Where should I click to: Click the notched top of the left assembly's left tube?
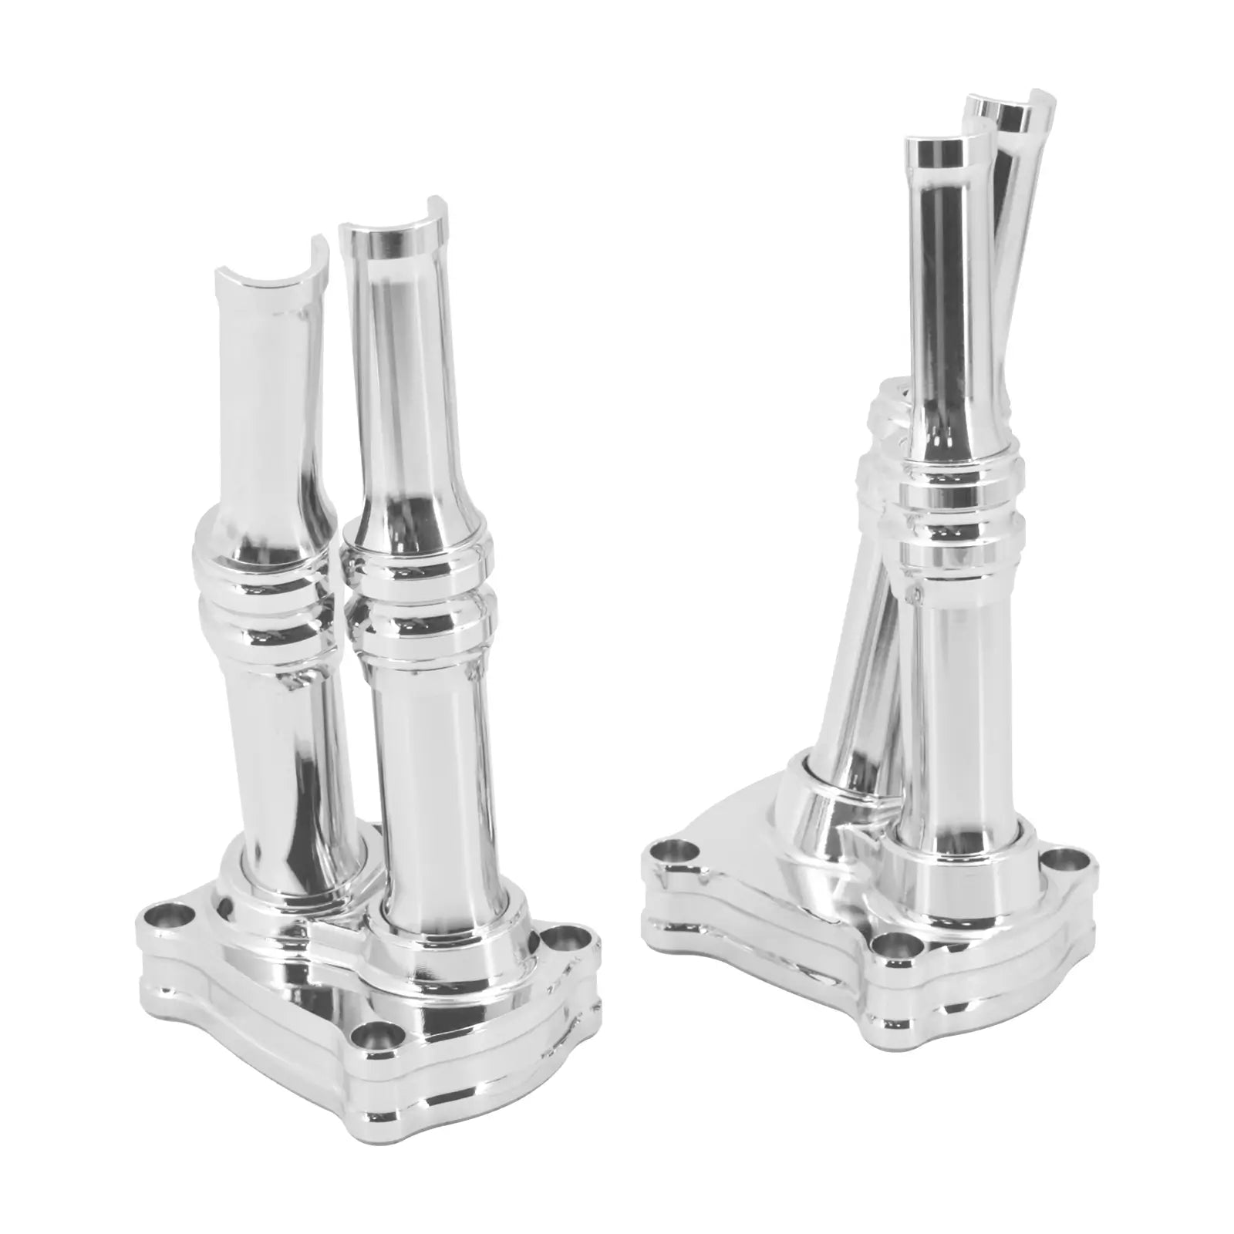click(266, 270)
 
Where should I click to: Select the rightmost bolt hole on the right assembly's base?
click(1068, 858)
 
